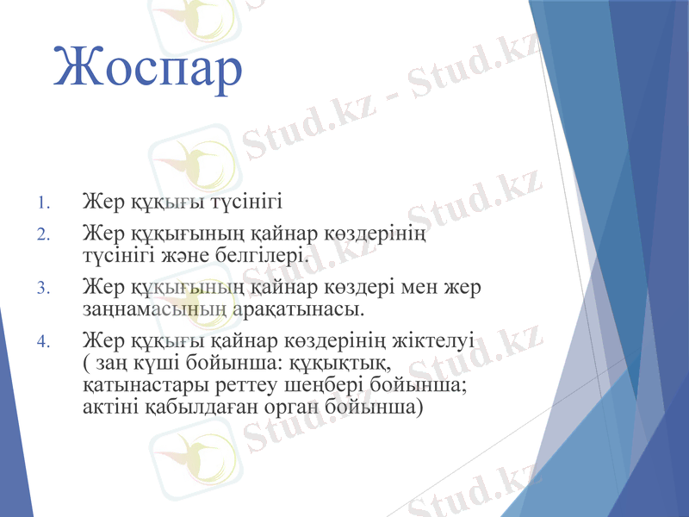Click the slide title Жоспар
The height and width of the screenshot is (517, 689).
tap(147, 66)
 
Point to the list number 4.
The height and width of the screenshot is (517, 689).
tap(44, 340)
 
